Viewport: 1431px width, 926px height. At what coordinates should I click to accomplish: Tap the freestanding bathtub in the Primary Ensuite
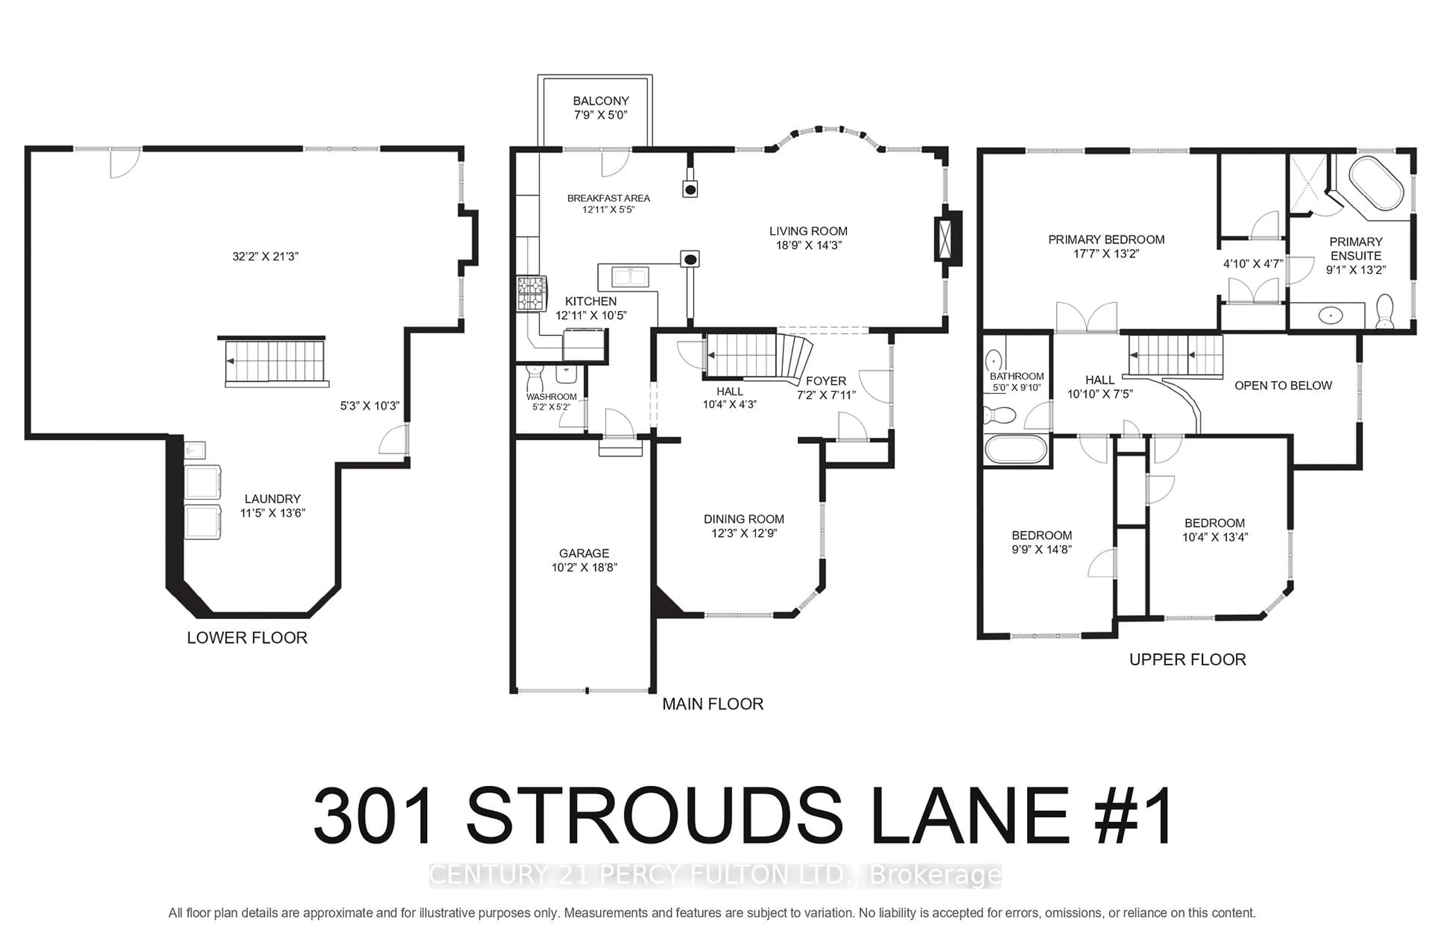click(x=1376, y=183)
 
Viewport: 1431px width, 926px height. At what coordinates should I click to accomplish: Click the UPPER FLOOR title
click(x=1187, y=659)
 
